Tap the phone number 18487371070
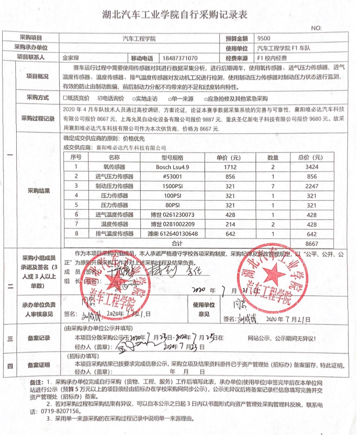click(180, 58)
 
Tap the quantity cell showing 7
click(273, 186)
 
